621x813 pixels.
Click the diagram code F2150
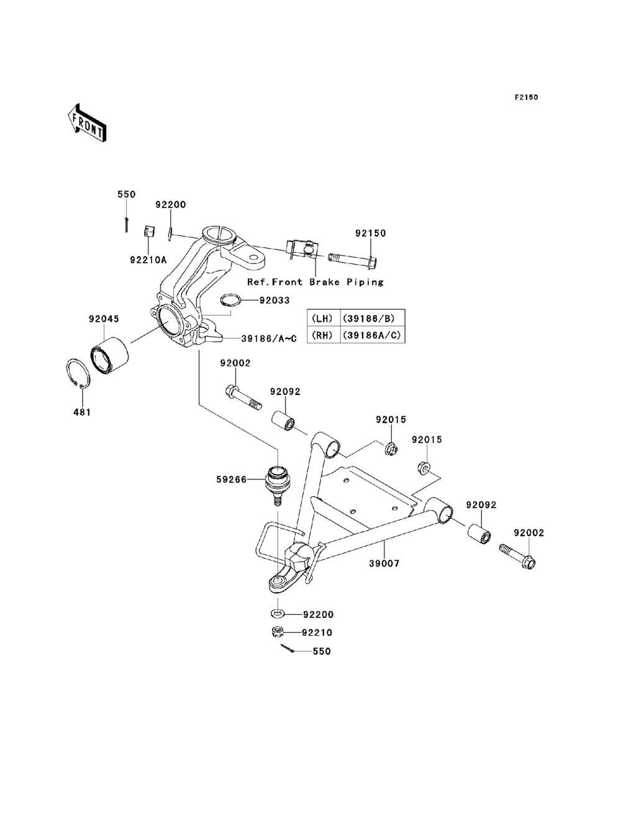525,98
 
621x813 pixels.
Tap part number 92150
370,234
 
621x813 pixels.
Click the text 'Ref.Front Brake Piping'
315,282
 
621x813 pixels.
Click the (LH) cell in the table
322,318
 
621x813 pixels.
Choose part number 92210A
148,260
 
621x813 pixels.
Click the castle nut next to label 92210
278,633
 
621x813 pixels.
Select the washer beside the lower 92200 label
278,614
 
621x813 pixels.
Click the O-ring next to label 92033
230,300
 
